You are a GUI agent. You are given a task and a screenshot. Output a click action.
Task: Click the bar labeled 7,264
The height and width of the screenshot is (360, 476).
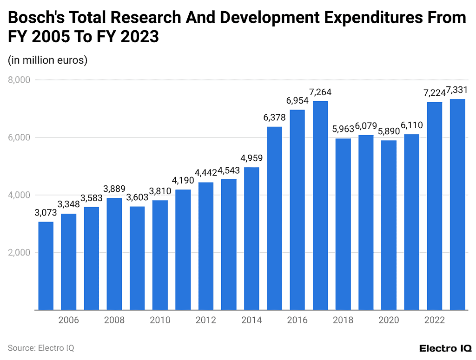click(320, 205)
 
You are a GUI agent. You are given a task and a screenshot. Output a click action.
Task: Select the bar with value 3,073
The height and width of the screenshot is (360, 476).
click(46, 265)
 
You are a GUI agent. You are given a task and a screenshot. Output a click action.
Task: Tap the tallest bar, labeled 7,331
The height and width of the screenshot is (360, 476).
click(457, 204)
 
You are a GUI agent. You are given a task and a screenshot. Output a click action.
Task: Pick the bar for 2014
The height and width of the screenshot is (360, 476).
click(251, 238)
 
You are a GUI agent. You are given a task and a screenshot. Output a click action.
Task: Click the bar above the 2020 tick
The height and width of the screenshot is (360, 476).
click(389, 225)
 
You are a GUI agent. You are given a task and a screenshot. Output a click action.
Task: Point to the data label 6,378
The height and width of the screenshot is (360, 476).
click(274, 118)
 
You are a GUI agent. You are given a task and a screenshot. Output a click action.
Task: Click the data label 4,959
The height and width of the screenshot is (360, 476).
click(251, 158)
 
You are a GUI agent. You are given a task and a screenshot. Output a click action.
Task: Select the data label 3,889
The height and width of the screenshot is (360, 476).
click(114, 189)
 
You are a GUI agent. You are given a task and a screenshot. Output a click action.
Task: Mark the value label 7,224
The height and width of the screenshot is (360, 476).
click(434, 93)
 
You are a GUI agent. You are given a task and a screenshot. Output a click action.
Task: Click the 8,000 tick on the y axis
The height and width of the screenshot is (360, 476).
click(19, 80)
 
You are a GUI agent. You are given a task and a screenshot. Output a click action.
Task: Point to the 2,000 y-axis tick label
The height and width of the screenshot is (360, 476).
click(19, 253)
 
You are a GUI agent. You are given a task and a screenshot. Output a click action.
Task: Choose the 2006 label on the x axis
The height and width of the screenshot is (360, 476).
click(68, 320)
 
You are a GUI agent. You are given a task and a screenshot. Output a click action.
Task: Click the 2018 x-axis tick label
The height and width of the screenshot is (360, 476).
click(343, 320)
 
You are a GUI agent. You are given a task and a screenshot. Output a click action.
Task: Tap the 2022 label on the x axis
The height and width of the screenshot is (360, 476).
click(434, 320)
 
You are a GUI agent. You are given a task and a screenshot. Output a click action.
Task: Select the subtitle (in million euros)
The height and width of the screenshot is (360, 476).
click(47, 60)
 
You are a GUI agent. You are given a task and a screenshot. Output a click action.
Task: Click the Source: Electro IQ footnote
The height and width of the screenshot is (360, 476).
click(41, 347)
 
